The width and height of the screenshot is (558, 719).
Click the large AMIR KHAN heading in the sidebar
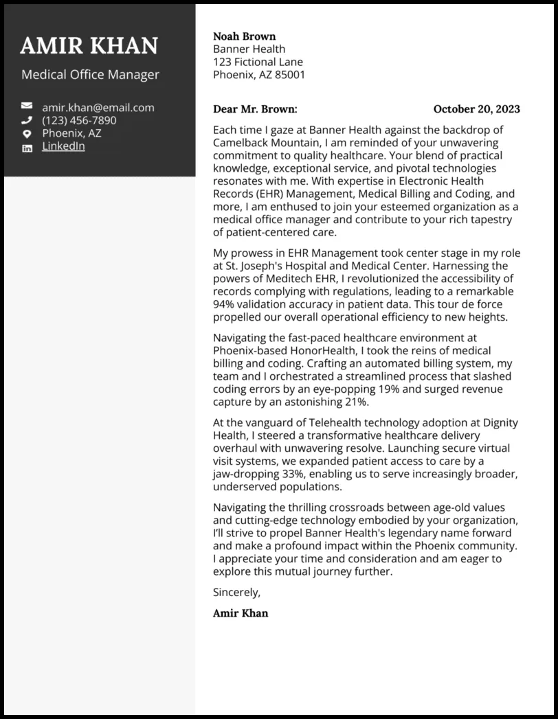(89, 46)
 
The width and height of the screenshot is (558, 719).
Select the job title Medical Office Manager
(90, 75)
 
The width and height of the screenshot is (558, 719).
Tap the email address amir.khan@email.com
(98, 107)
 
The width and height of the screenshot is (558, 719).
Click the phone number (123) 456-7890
(79, 120)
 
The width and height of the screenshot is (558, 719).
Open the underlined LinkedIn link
(63, 146)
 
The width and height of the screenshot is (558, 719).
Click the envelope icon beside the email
(27, 106)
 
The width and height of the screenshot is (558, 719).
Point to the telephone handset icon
(27, 120)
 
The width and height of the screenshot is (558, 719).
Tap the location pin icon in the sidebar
(27, 134)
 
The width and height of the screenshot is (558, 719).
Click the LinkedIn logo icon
(27, 148)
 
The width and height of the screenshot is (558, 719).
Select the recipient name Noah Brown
(244, 36)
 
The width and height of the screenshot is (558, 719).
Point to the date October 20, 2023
(476, 109)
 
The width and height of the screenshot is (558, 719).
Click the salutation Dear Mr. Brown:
(255, 109)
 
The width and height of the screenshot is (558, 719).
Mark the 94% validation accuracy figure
(224, 304)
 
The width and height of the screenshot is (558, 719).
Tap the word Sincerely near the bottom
(236, 592)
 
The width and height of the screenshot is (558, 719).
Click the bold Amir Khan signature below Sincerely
(241, 613)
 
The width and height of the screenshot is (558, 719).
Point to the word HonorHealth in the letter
(305, 351)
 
